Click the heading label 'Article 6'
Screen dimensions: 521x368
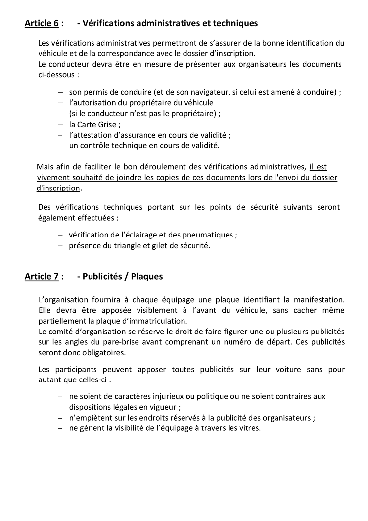coord(42,23)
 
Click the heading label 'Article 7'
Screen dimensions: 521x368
coord(42,277)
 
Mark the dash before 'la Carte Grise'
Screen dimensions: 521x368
coord(60,125)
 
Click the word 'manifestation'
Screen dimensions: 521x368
coord(321,299)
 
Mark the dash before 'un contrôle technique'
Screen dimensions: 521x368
coord(60,146)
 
